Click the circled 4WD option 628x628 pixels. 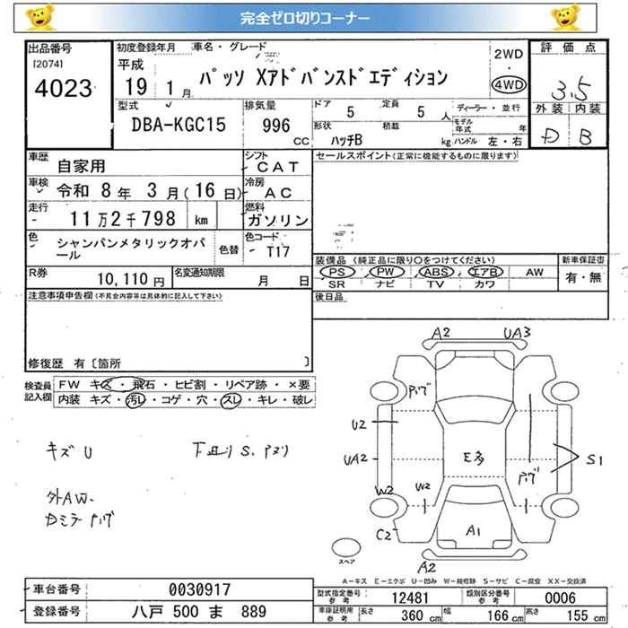509,85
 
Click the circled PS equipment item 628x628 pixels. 336,271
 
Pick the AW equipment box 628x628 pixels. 535,271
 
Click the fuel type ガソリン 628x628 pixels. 277,219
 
